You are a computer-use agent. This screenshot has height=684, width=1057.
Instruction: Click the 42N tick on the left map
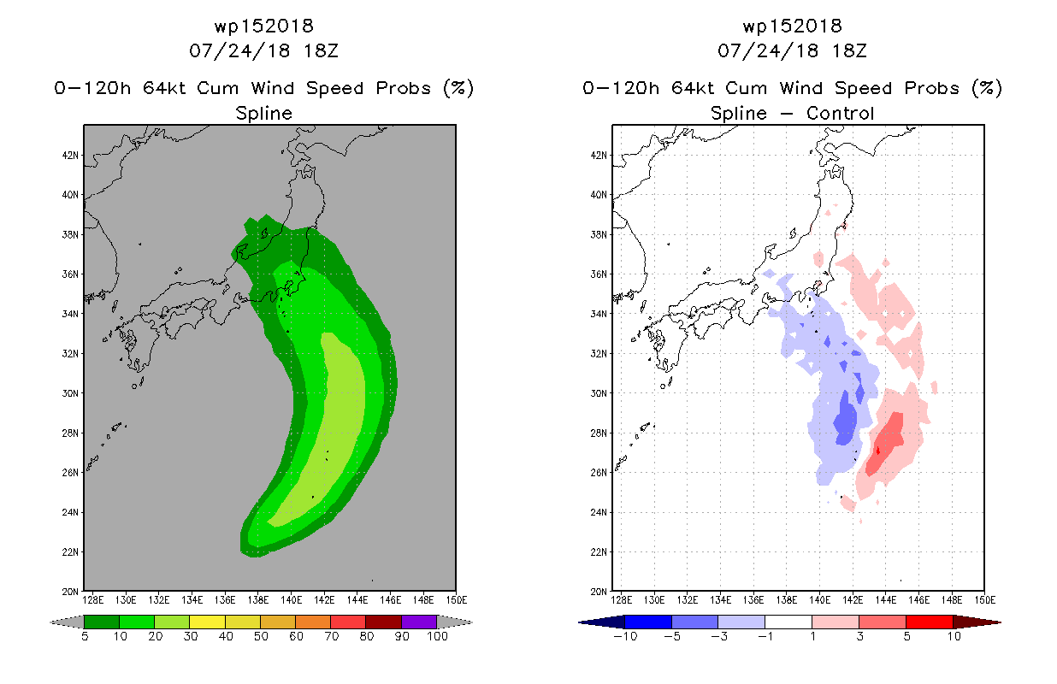[70, 156]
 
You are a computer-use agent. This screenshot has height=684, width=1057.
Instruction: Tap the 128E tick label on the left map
[92, 600]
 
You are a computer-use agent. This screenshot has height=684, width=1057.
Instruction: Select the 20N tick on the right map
[599, 592]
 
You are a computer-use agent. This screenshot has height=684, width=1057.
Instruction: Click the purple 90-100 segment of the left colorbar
[418, 622]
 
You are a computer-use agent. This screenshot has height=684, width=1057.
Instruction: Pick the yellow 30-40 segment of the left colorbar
[207, 622]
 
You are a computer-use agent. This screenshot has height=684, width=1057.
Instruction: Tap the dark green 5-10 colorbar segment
[102, 622]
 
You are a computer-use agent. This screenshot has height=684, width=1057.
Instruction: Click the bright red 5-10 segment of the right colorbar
[929, 622]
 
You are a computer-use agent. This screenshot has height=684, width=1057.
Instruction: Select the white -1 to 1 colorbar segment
[788, 622]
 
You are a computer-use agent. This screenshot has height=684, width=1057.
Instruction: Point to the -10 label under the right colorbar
[625, 636]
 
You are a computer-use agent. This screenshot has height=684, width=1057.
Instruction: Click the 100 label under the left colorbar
[438, 636]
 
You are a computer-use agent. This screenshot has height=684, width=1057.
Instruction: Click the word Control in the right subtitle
[840, 113]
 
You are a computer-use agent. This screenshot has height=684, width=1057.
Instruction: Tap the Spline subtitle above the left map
[263, 113]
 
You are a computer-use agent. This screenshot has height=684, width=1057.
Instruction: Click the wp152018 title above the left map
[263, 26]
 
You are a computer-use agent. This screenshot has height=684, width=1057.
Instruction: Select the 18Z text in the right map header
[849, 50]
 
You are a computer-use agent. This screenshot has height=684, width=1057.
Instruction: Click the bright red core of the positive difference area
[877, 451]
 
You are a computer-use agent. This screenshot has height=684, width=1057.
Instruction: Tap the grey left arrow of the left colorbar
[67, 622]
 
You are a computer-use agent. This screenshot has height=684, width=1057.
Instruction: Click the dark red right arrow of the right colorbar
[977, 622]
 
